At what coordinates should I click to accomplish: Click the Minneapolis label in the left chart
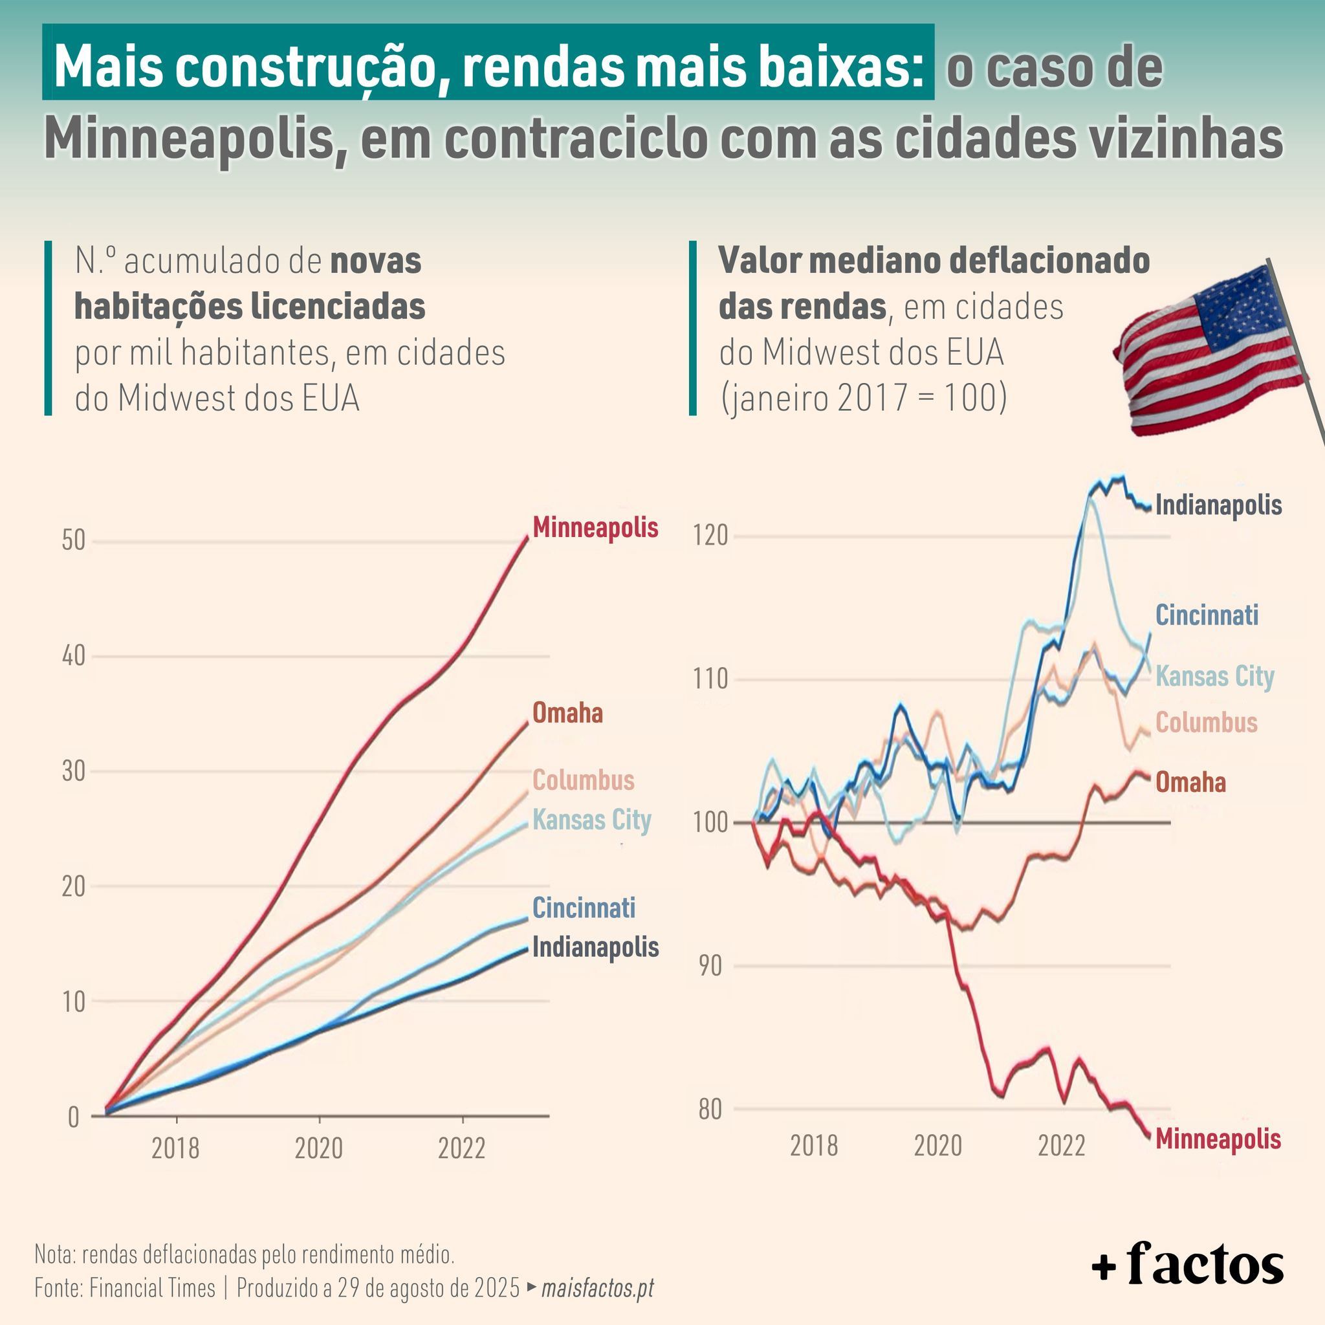(x=595, y=527)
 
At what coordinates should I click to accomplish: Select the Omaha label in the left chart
(x=567, y=713)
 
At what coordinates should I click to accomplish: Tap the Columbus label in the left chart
(x=583, y=780)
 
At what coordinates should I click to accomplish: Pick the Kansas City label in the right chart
(x=1214, y=676)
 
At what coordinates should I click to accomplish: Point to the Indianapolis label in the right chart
(x=1218, y=505)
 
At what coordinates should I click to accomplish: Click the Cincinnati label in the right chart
(x=1207, y=615)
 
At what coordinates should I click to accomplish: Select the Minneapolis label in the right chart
(x=1218, y=1139)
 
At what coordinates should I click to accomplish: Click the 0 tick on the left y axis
(x=73, y=1118)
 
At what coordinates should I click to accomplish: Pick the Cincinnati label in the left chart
(x=584, y=907)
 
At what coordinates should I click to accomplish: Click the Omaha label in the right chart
(x=1190, y=782)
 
